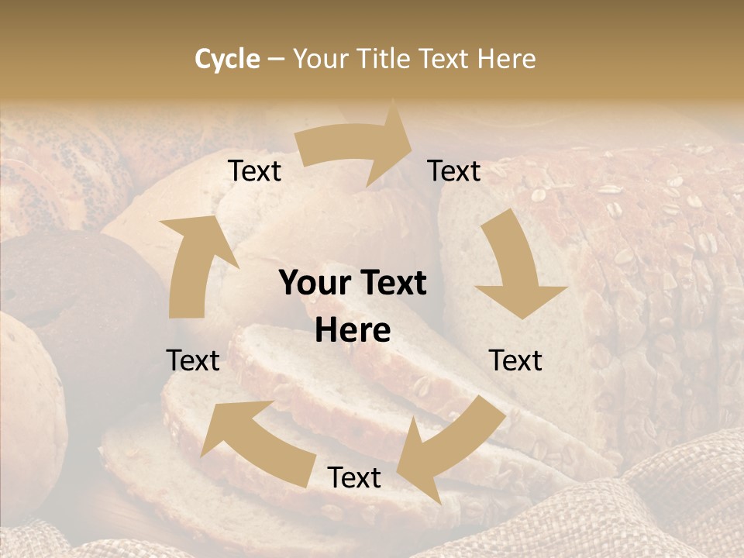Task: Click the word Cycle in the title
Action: pyautogui.click(x=227, y=59)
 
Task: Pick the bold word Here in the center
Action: pyautogui.click(x=353, y=331)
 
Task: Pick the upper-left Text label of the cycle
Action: pyautogui.click(x=255, y=171)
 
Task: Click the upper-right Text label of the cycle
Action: pyautogui.click(x=454, y=171)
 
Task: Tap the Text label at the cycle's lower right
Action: pyautogui.click(x=515, y=360)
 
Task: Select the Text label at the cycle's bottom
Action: pyautogui.click(x=354, y=478)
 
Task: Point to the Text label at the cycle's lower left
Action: pyautogui.click(x=193, y=360)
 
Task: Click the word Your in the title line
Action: pyautogui.click(x=321, y=59)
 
